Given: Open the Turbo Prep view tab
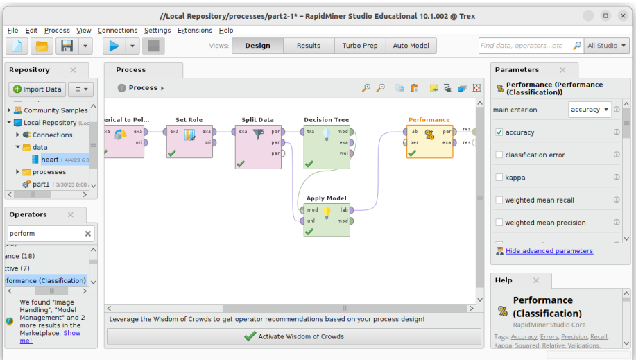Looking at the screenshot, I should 360,46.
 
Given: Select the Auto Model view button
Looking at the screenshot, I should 410,46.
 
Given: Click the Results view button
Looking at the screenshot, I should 308,46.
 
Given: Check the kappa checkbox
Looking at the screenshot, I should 499,178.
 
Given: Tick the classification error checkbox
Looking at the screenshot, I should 499,155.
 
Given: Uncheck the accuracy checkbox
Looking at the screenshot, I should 499,132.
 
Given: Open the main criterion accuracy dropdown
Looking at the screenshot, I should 590,110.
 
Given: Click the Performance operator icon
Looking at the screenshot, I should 429,136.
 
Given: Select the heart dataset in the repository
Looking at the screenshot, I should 49,160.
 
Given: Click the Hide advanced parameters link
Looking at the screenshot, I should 549,251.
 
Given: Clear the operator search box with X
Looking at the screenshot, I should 88,234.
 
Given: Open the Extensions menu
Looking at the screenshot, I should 195,31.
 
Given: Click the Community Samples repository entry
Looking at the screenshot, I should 55,110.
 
